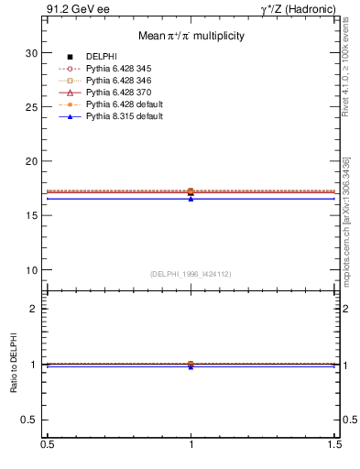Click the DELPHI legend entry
101,57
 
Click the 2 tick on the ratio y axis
34,309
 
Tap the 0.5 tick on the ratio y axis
30,420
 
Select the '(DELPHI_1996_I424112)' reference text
191,273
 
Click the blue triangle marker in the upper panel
191,198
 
